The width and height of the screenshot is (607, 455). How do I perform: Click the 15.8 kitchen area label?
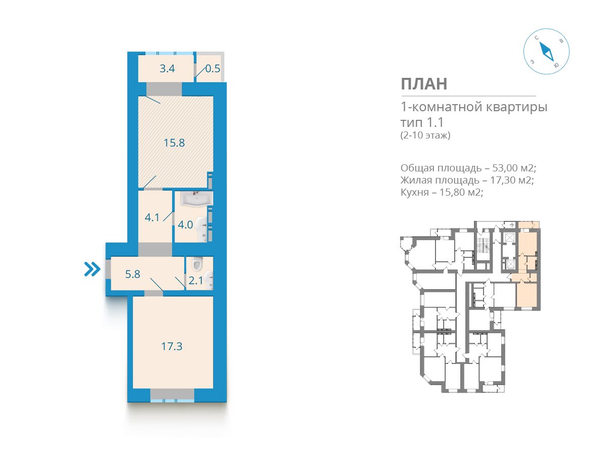(174, 143)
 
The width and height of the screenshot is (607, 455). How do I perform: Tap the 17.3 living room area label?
(171, 346)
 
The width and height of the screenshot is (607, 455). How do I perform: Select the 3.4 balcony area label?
(167, 69)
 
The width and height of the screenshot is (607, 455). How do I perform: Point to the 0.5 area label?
(212, 69)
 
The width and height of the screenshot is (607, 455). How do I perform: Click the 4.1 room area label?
(152, 217)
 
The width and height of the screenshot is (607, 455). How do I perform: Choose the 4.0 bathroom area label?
(185, 225)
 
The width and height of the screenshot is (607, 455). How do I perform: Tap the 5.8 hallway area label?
(133, 274)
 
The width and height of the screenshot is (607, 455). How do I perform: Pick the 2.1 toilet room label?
(196, 281)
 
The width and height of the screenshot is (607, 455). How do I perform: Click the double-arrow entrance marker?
(93, 269)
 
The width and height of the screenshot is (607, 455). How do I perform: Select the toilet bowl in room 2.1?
(197, 263)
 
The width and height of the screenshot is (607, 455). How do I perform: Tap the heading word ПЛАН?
(424, 84)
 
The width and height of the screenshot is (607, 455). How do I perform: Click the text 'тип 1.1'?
(422, 122)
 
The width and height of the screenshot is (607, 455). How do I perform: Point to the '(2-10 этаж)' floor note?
(425, 135)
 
